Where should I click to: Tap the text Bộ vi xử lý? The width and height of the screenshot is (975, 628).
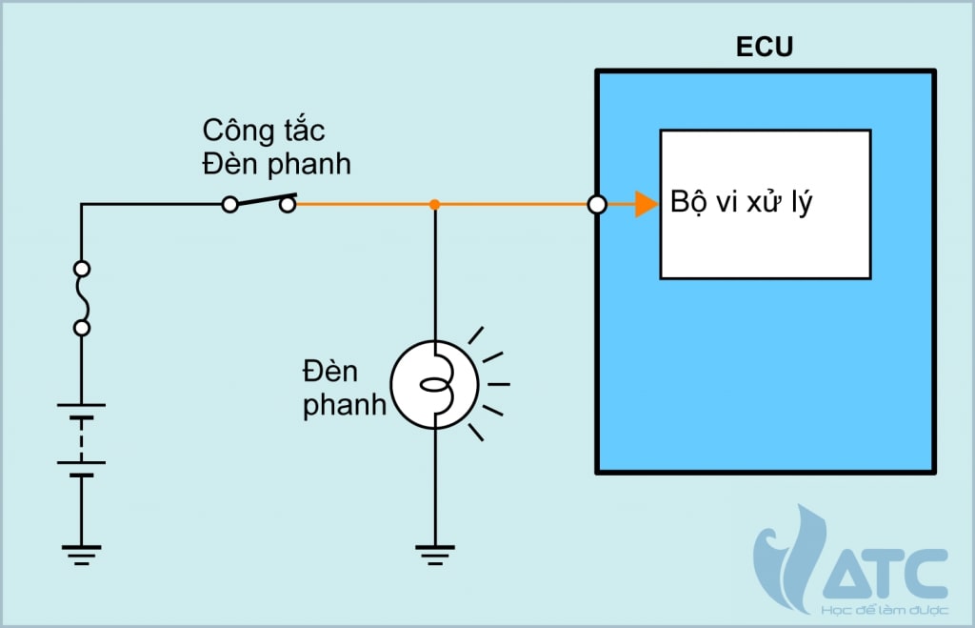[x=742, y=203]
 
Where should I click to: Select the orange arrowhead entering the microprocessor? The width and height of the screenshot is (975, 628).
[x=647, y=204]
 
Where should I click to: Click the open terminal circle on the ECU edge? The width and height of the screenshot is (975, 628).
[x=597, y=204]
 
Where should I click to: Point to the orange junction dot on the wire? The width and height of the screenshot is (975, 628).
[x=434, y=204]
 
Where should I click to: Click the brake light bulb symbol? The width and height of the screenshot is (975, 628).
[x=434, y=385]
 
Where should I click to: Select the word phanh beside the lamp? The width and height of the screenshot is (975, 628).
[x=345, y=404]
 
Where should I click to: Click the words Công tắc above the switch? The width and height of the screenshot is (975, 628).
[x=265, y=131]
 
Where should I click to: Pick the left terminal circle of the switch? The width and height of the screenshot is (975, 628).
[x=229, y=204]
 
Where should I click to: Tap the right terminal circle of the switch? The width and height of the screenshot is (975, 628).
[x=288, y=204]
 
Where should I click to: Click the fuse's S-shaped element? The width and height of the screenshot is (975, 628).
[x=82, y=298]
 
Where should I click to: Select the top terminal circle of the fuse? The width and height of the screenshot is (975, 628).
[x=82, y=269]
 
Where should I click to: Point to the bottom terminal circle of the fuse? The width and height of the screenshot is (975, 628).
[x=82, y=328]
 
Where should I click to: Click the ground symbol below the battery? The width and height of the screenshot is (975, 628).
[x=81, y=554]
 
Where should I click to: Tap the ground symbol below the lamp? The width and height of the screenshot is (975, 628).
[x=434, y=554]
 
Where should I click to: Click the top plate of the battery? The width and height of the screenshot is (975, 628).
[x=81, y=405]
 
